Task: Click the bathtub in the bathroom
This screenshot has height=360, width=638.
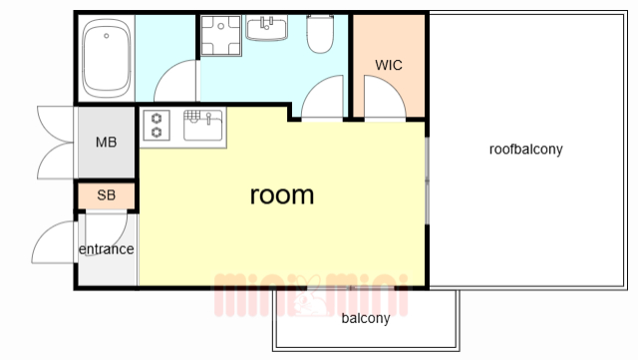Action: point(107,58)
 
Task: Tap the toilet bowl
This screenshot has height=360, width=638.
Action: point(320,34)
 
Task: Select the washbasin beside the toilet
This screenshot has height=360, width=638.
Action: point(266,28)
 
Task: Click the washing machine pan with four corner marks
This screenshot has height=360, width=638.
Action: point(221,36)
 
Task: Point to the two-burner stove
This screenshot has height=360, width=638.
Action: point(157,126)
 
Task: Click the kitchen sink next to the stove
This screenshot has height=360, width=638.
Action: point(203,125)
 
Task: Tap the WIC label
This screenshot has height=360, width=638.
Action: point(389,65)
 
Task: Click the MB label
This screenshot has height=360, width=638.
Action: point(107,143)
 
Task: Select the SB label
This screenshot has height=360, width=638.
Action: point(107,195)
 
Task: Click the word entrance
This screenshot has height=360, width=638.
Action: point(107,249)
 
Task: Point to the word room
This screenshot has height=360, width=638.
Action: point(281,194)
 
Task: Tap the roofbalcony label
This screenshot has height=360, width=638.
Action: point(525,149)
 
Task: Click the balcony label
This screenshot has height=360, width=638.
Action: point(366,318)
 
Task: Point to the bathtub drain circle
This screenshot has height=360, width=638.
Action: point(107,36)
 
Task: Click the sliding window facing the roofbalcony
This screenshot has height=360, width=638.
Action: point(427,180)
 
